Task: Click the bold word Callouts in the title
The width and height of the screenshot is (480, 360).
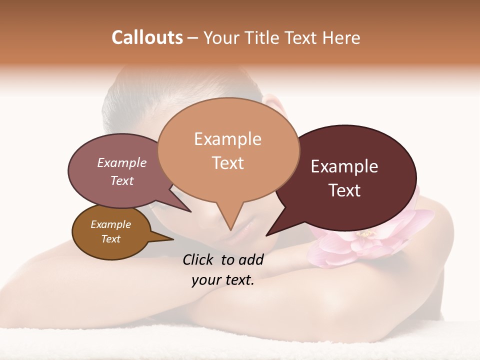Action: (x=147, y=37)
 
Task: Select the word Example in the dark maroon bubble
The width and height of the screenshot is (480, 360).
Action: (x=344, y=166)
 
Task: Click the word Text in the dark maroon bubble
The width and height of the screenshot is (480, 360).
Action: (x=344, y=190)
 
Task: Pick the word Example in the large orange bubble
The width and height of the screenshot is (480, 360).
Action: (x=227, y=139)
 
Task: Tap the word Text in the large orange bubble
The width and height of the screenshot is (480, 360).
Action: (x=227, y=163)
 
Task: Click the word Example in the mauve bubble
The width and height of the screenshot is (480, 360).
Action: (x=122, y=162)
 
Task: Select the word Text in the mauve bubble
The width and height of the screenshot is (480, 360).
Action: (x=122, y=180)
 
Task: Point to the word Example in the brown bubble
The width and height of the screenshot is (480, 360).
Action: (x=110, y=224)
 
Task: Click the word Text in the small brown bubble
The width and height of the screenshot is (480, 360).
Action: (x=110, y=239)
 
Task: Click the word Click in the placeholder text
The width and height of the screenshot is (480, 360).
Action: (x=199, y=259)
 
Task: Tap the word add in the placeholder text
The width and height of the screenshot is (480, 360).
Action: (x=251, y=259)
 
